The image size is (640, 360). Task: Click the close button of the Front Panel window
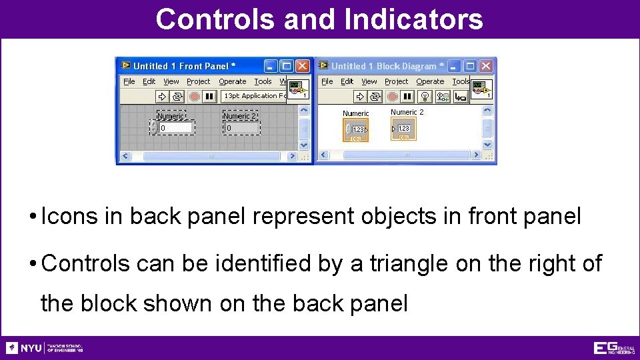point(303,66)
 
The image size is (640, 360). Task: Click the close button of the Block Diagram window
point(487,66)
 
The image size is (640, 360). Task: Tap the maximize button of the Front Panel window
point(287,66)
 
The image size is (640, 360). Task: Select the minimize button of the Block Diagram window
point(455,66)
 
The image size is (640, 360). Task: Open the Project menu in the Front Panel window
point(198,81)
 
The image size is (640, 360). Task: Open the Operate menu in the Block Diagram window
point(430,81)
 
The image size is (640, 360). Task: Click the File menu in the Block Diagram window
point(327,81)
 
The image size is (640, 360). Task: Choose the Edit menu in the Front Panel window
point(149,81)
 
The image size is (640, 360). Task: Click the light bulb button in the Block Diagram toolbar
point(425,97)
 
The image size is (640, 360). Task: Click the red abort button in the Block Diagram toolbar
point(392,97)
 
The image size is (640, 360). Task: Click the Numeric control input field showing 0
point(175,128)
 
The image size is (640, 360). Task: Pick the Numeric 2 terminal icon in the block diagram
point(403,129)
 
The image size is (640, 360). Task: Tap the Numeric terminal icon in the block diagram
point(356,131)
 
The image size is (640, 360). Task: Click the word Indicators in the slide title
point(413,19)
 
